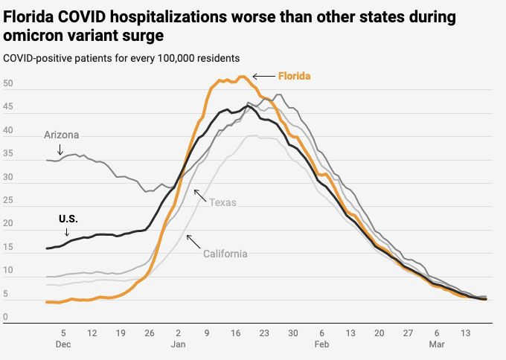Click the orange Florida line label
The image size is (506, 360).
tap(294, 76)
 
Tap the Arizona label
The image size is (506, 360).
tap(61, 135)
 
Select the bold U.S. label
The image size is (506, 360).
tap(68, 219)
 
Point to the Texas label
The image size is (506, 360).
tap(223, 202)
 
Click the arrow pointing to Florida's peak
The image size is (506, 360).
tap(263, 76)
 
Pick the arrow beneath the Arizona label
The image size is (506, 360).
tap(61, 150)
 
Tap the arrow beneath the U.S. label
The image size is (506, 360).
tap(67, 232)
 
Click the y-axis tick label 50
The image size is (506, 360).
tap(8, 84)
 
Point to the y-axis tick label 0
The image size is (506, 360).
tap(6, 317)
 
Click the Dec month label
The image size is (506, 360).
tap(63, 346)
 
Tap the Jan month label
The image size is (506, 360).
tap(178, 346)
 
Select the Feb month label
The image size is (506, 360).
tap(321, 346)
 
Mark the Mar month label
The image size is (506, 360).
tap(436, 346)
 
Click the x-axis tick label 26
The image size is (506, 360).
tap(149, 333)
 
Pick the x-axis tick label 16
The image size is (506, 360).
tap(236, 333)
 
